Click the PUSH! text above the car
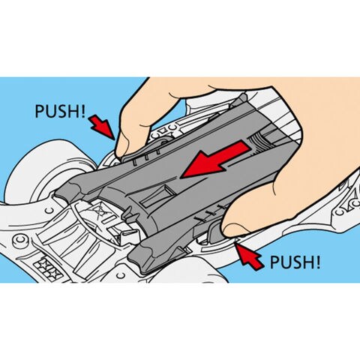[x=60, y=111]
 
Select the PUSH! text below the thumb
[x=295, y=262]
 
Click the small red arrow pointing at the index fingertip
[x=103, y=127]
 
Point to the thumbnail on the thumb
[x=232, y=229]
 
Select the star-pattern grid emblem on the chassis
[x=49, y=267]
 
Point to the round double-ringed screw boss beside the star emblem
[x=21, y=241]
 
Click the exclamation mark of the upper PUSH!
[x=82, y=111]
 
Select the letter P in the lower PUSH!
[x=274, y=262]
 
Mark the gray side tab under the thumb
[x=214, y=231]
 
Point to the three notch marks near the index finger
[x=147, y=160]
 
